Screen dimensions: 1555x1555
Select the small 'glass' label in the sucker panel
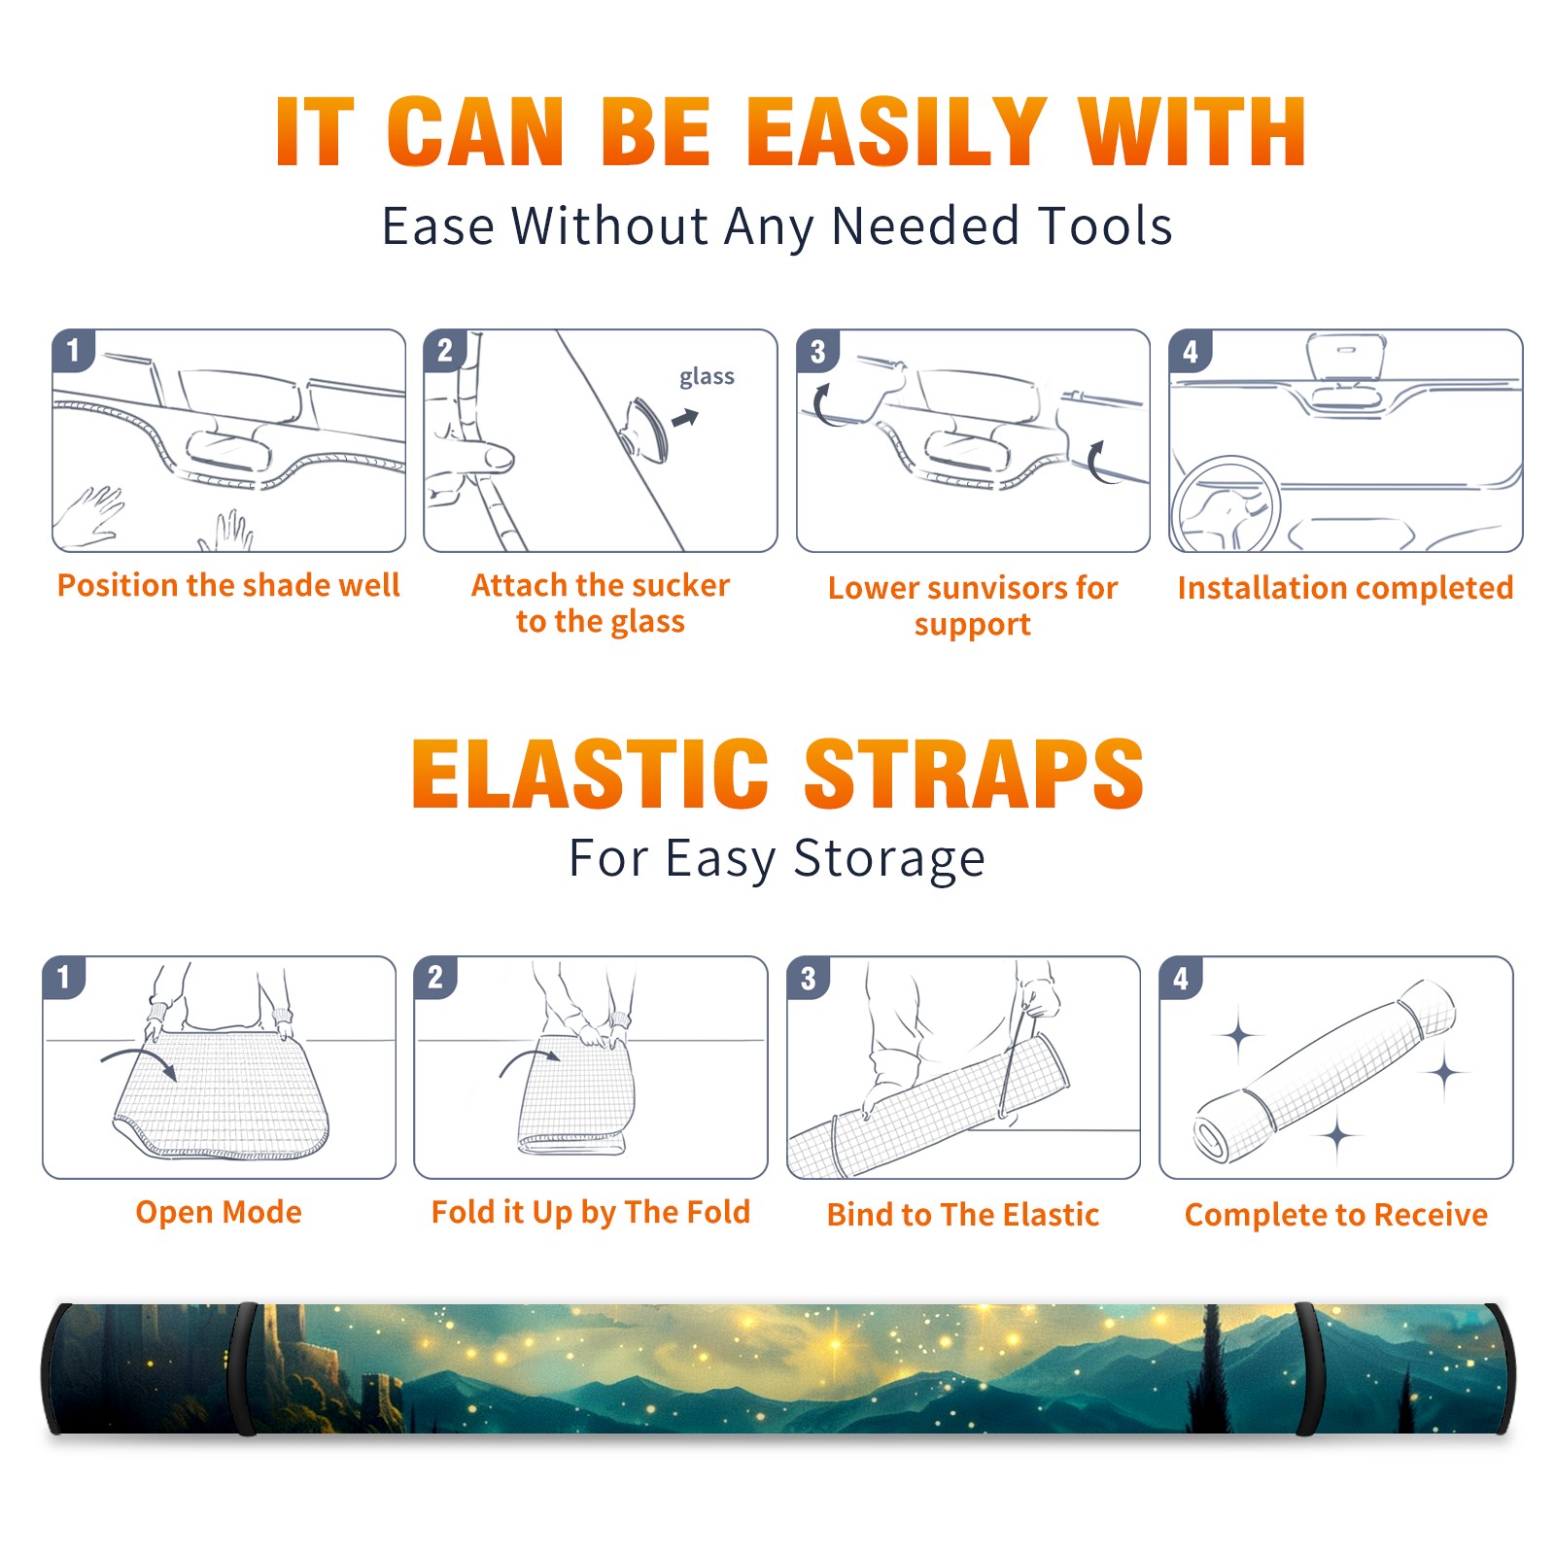click(707, 377)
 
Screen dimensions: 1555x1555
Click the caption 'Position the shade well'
click(228, 585)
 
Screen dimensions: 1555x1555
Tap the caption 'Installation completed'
click(1345, 587)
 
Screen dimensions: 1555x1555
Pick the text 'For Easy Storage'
click(777, 858)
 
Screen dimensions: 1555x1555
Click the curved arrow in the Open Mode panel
click(139, 1060)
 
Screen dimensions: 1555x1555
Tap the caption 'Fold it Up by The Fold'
click(591, 1212)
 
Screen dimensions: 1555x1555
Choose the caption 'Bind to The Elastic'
click(963, 1214)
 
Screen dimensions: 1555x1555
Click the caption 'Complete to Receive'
click(1336, 1215)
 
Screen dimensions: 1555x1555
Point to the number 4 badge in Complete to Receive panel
click(1181, 978)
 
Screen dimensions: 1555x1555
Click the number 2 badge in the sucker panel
click(445, 350)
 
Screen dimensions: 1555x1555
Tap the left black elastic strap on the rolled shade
click(243, 1368)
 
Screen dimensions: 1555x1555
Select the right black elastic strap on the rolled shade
click(1306, 1368)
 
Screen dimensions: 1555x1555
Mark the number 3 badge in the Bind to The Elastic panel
click(809, 978)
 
